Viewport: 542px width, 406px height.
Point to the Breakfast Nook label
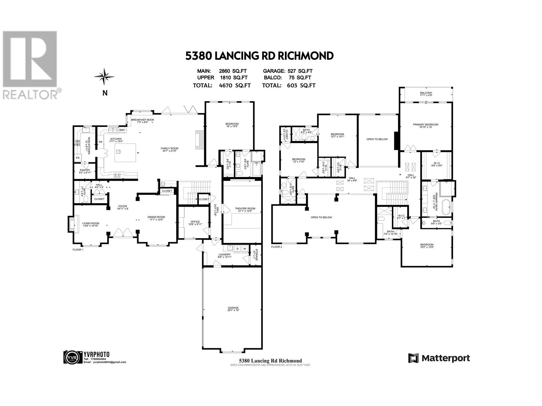coord(143,121)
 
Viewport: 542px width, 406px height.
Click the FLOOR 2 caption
coord(276,247)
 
